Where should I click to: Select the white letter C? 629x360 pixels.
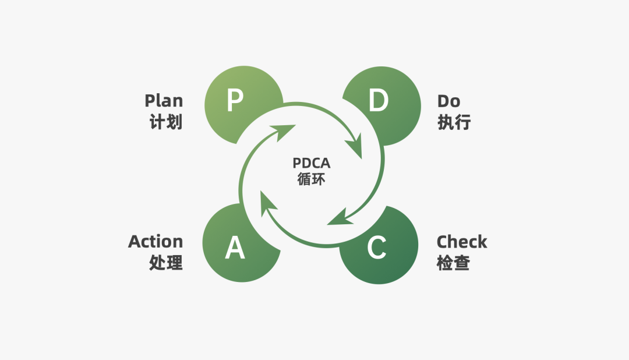click(x=377, y=248)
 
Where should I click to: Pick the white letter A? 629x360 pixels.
click(x=235, y=248)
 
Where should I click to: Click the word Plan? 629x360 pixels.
click(x=164, y=101)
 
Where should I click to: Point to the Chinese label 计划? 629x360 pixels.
click(x=166, y=122)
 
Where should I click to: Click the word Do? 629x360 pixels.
click(x=448, y=101)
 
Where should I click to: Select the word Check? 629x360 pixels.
click(x=462, y=242)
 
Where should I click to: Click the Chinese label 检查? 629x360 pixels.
click(x=453, y=263)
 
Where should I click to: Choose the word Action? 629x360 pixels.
click(x=156, y=242)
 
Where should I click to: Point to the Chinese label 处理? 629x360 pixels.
click(x=166, y=263)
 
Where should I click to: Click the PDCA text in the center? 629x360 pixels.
click(x=312, y=163)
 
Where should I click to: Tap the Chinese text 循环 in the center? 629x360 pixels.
click(x=312, y=179)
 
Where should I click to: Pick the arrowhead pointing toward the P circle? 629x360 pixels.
click(x=285, y=131)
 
